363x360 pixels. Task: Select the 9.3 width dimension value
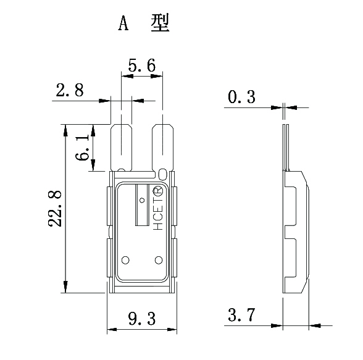click(x=141, y=319)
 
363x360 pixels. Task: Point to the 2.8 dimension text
click(x=70, y=91)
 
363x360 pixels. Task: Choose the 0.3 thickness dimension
click(x=242, y=97)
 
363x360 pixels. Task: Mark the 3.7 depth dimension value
click(x=242, y=316)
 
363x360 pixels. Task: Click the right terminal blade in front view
click(x=162, y=147)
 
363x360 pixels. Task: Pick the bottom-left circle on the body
click(x=126, y=259)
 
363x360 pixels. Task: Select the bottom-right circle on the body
click(x=157, y=259)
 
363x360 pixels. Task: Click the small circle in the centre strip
click(x=141, y=201)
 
